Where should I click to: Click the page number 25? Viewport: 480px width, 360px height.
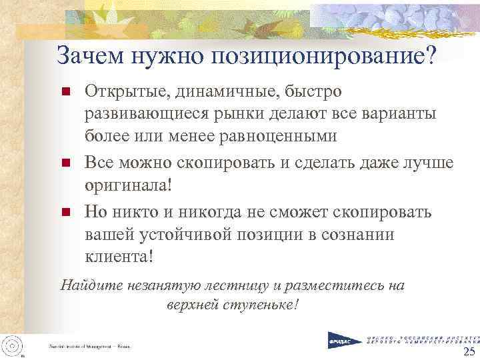(469, 352)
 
